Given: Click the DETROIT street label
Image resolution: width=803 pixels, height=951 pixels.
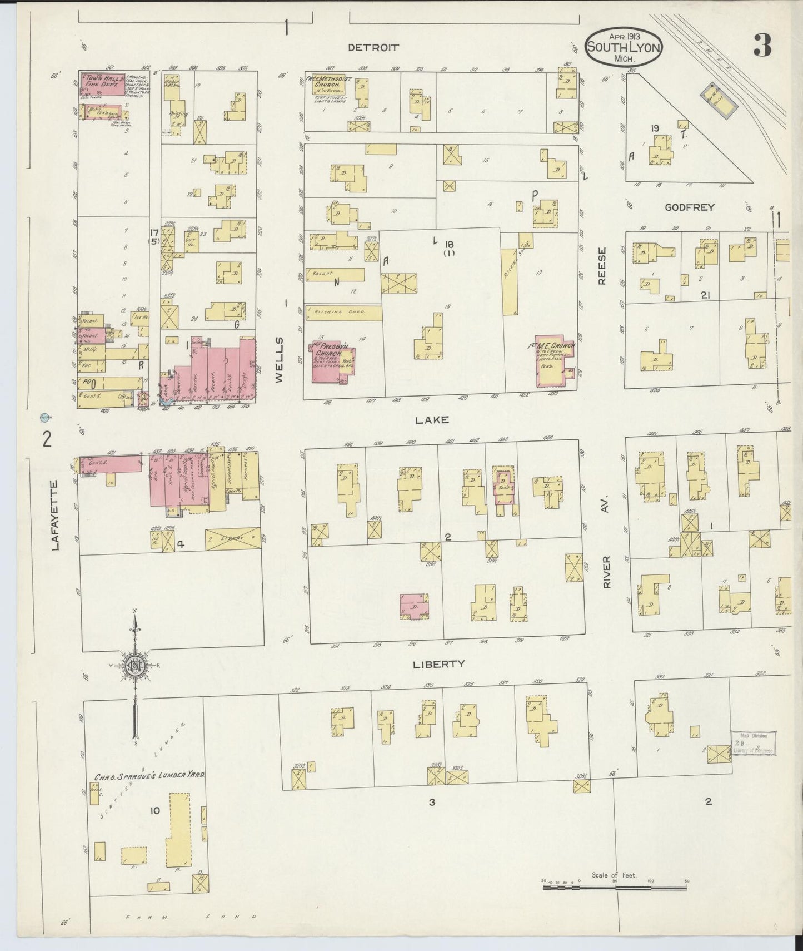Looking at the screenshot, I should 373,48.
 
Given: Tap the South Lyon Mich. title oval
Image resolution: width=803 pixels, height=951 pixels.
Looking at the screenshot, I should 624,48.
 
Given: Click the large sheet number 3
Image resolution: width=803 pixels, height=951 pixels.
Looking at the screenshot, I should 762,46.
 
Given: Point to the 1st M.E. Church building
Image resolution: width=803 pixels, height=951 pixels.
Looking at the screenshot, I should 555,361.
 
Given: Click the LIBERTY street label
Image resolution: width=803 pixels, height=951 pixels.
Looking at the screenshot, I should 438,664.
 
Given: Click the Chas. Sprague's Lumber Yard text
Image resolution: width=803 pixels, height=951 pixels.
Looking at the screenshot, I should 150,775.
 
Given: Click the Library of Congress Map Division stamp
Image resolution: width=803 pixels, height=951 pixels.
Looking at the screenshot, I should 754,742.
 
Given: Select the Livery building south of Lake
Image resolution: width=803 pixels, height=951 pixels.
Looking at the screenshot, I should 232,538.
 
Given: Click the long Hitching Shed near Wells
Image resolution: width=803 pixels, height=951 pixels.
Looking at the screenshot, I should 343,313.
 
